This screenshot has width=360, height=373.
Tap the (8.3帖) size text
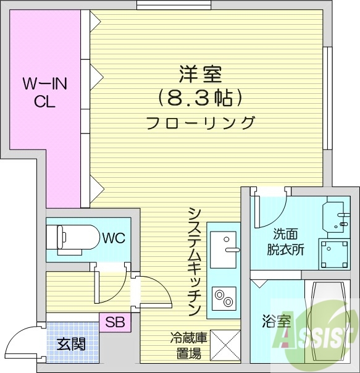[198, 98]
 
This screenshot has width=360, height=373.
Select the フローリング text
[200, 122]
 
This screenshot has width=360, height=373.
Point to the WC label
[115, 238]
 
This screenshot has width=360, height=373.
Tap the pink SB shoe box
[114, 322]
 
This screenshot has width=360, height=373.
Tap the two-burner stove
[223, 300]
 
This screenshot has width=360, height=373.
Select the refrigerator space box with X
[225, 344]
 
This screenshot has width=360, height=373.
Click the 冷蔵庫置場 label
[186, 346]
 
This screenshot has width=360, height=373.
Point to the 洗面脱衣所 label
[285, 242]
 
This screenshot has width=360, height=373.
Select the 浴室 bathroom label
[276, 322]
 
